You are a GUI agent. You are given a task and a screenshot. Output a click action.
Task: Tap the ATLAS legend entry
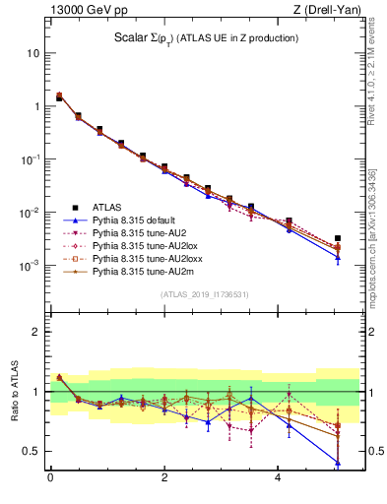tap(108, 208)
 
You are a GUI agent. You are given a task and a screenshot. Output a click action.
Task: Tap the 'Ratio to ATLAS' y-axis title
tap(14, 392)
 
